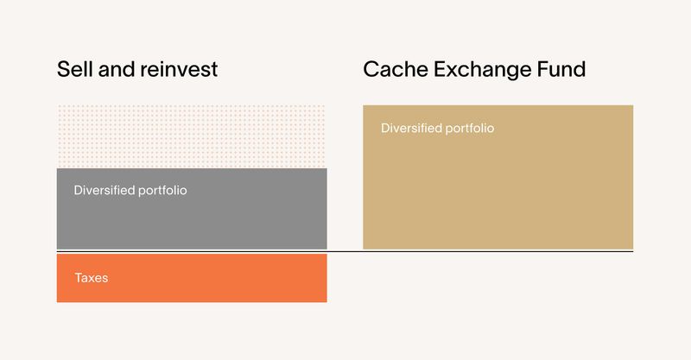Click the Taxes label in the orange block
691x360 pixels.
92,278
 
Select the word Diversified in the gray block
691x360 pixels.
105,190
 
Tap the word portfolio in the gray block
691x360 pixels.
162,190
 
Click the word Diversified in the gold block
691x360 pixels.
411,128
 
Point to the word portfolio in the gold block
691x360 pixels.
469,128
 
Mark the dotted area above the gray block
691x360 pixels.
192,136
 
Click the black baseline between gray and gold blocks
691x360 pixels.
345,251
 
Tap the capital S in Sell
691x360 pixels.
63,69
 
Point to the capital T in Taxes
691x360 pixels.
78,278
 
